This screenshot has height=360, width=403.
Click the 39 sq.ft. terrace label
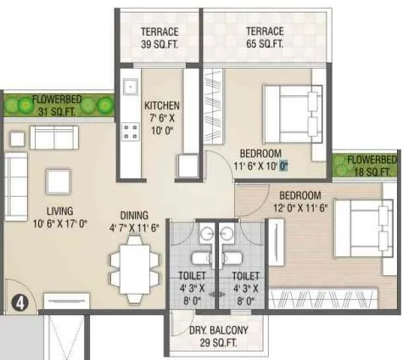click(160, 38)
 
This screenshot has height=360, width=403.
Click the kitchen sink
click(131, 87)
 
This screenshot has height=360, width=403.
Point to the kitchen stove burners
click(131, 131)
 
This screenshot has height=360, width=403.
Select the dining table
click(133, 262)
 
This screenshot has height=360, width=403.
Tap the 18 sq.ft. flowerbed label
click(371, 166)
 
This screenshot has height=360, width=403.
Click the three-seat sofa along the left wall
click(16, 186)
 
